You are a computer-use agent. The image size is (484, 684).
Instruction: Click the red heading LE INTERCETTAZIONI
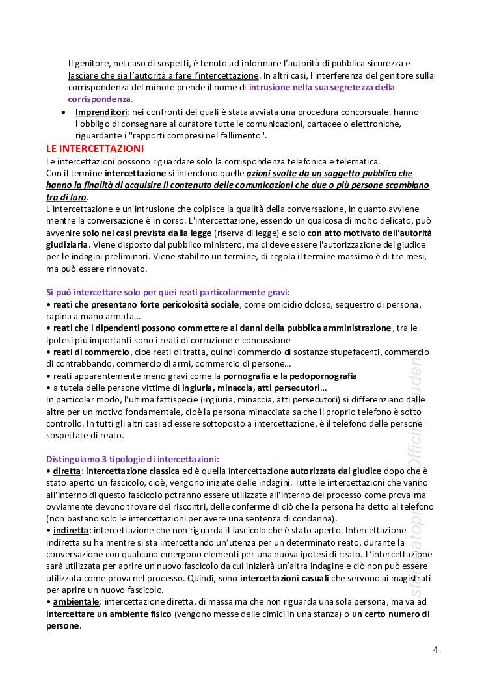[95, 149]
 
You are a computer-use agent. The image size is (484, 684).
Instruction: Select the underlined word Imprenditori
[101, 112]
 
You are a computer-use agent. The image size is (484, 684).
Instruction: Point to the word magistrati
[412, 578]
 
